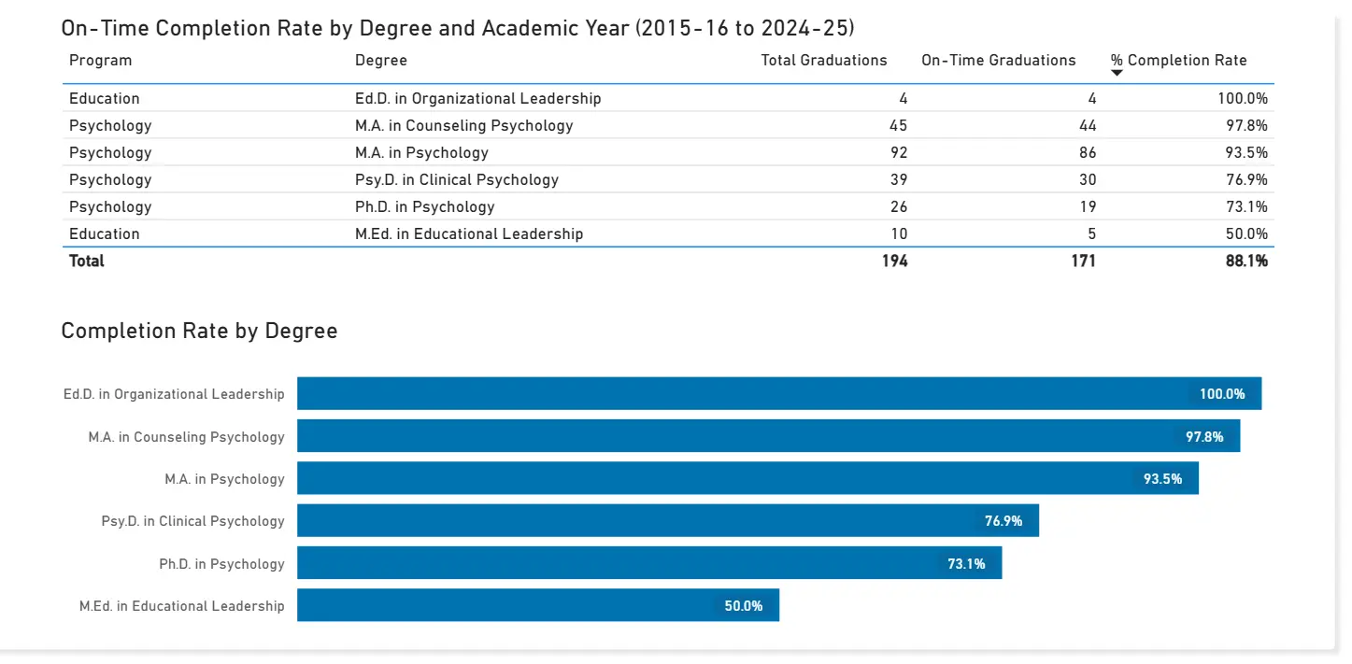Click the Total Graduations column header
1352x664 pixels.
[823, 61]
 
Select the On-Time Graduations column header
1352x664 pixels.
[998, 61]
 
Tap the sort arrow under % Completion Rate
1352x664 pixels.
[1117, 73]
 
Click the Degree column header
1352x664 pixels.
[381, 61]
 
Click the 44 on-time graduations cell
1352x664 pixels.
[1087, 125]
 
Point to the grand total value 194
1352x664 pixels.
[894, 261]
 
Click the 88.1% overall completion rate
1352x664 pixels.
[1246, 261]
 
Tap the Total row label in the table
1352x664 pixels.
[87, 261]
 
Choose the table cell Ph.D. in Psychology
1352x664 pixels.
[424, 206]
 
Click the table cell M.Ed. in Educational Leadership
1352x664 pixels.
[468, 233]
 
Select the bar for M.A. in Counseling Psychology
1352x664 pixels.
[729, 436]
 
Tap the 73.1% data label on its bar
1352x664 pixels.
[966, 564]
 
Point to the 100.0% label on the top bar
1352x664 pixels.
[1222, 394]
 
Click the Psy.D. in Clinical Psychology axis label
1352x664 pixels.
[192, 521]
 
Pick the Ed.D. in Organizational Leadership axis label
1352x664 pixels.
[174, 394]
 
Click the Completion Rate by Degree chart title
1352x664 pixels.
[199, 331]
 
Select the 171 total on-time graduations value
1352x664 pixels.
[1083, 261]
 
